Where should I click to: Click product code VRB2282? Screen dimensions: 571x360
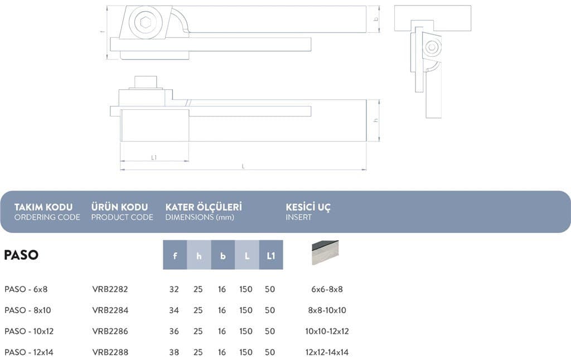[110, 289]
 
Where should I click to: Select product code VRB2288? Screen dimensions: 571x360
[110, 352]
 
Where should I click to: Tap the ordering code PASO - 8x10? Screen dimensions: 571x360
[28, 310]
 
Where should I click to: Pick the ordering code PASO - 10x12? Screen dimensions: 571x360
[29, 331]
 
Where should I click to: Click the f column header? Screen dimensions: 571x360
[175, 255]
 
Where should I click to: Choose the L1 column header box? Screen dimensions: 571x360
[271, 255]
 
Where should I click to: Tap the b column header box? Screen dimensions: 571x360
[223, 255]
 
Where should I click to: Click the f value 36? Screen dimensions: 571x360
[174, 331]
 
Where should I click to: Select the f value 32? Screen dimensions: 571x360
[174, 289]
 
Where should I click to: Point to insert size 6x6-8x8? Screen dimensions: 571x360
[327, 289]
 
